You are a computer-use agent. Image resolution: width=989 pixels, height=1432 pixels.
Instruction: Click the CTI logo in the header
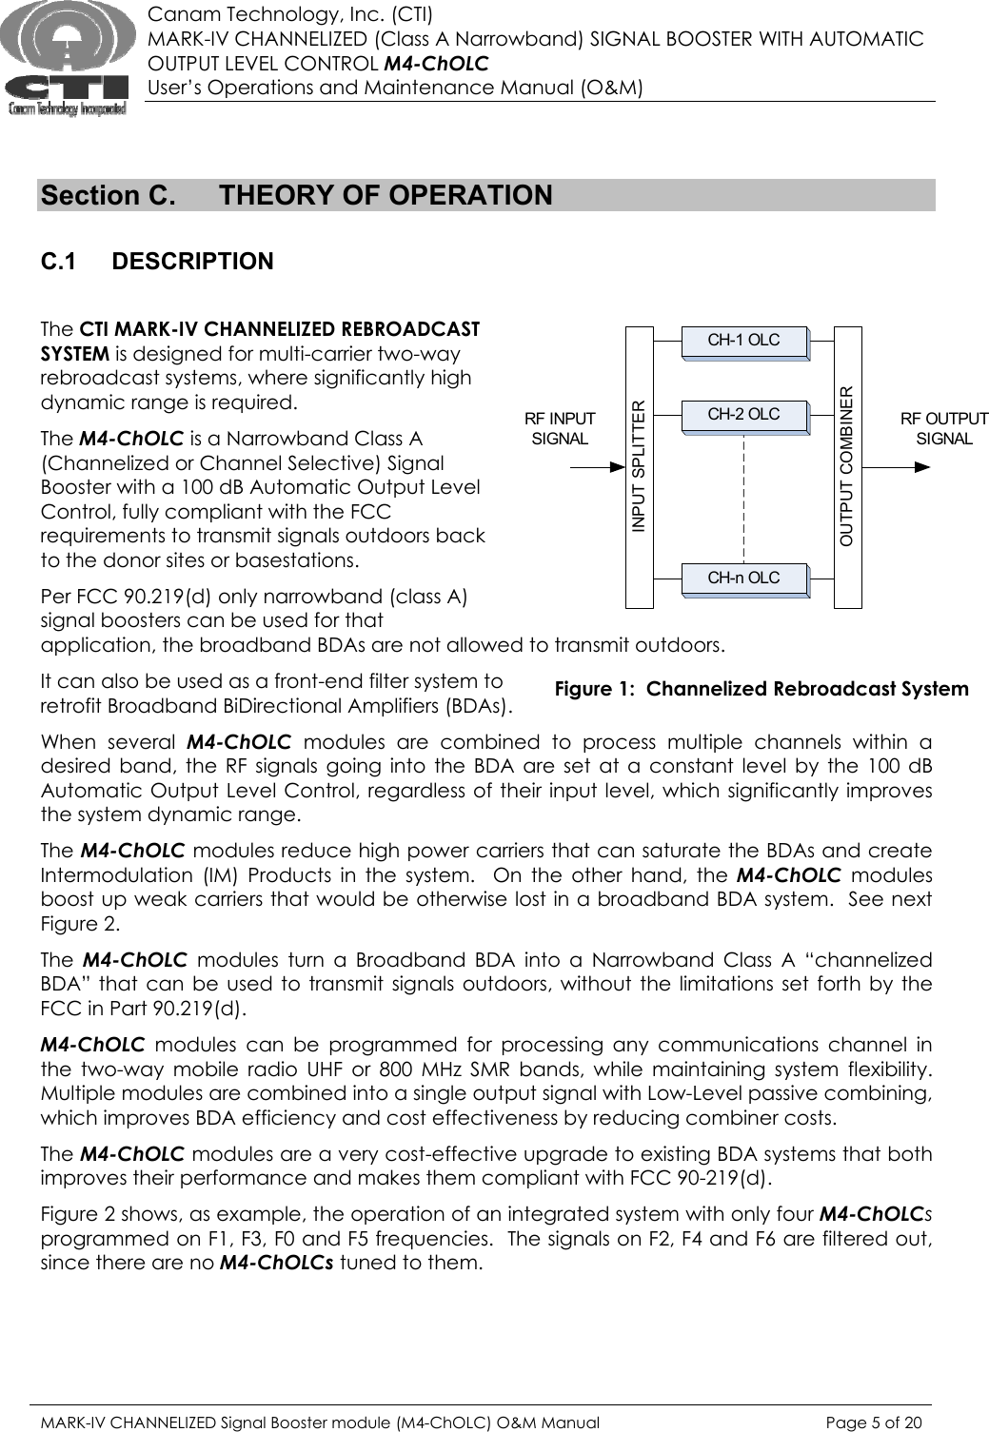pyautogui.click(x=65, y=59)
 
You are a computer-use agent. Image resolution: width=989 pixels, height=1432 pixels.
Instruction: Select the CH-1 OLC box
pyautogui.click(x=743, y=341)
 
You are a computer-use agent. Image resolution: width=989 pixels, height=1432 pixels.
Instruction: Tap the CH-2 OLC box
pyautogui.click(x=743, y=415)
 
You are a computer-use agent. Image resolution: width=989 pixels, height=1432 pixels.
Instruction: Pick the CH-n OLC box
pyautogui.click(x=743, y=579)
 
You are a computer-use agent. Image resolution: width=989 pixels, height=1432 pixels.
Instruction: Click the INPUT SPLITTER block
pyautogui.click(x=640, y=466)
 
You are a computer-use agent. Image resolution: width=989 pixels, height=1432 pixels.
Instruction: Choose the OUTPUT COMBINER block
pyautogui.click(x=847, y=466)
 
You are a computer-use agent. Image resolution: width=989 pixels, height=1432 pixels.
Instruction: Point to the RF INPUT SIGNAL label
pyautogui.click(x=560, y=428)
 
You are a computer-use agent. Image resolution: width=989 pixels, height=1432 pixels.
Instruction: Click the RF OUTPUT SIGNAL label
pyautogui.click(x=943, y=428)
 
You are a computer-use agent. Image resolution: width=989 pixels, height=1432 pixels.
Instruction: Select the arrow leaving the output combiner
pyautogui.click(x=895, y=467)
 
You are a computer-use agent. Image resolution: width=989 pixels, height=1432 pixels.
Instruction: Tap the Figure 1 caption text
pyautogui.click(x=762, y=689)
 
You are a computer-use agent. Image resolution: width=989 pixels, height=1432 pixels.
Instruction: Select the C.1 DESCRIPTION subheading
pyautogui.click(x=157, y=261)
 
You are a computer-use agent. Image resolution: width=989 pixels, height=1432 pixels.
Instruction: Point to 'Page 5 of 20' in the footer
pyautogui.click(x=874, y=1422)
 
